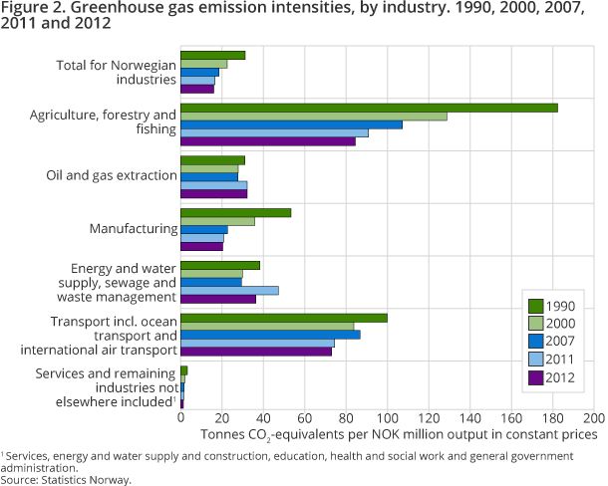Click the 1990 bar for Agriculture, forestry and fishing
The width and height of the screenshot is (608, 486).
pyautogui.click(x=369, y=108)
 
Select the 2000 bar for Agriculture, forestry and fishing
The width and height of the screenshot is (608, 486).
pyautogui.click(x=313, y=116)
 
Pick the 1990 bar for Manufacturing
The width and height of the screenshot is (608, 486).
pyautogui.click(x=235, y=212)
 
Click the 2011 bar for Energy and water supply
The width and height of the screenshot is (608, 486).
pyautogui.click(x=229, y=290)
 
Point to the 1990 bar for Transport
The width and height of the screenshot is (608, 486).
pyautogui.click(x=283, y=318)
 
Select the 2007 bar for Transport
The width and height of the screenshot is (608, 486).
pyautogui.click(x=270, y=335)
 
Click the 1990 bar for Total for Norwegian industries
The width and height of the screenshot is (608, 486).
pyautogui.click(x=212, y=55)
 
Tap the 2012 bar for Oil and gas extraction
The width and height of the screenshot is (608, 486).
pyautogui.click(x=213, y=193)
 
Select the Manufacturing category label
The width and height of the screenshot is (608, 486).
pyautogui.click(x=133, y=229)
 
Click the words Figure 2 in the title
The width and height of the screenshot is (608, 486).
pyautogui.click(x=30, y=10)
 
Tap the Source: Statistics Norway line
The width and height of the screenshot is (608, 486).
pyautogui.click(x=66, y=479)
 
